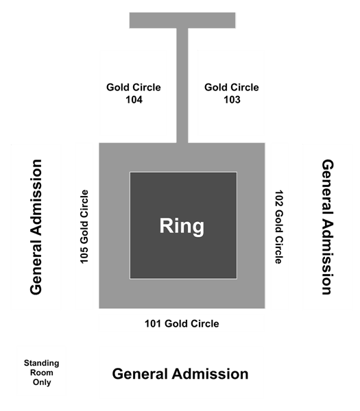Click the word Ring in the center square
point(182,226)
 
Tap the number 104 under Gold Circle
point(134,99)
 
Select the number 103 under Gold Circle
point(232,99)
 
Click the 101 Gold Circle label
point(182,323)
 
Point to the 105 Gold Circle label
point(84,227)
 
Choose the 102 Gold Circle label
point(279,227)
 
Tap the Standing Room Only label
point(41,373)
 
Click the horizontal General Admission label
point(180,374)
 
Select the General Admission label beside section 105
point(36,227)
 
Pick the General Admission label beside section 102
point(328,227)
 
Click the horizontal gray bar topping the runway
point(182,20)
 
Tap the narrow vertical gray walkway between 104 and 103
point(182,86)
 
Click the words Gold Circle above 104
point(134,87)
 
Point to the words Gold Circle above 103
point(232,87)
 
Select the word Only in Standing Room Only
point(42,382)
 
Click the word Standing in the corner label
point(41,363)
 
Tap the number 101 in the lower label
point(153,323)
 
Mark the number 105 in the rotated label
point(84,256)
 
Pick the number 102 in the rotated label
point(279,198)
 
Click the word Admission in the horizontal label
point(211,374)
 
